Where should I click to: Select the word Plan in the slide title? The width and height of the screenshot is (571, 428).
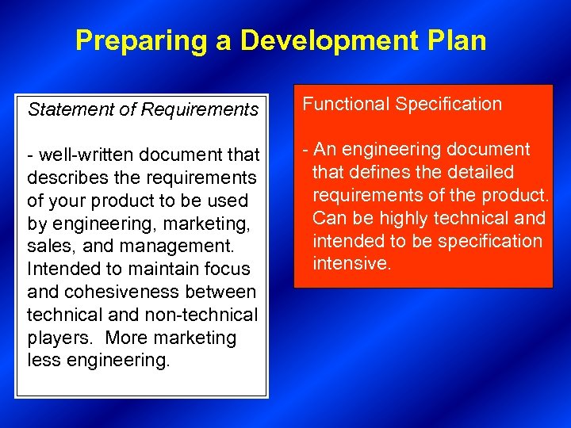458,40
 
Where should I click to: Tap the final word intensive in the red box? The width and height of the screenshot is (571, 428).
352,264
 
